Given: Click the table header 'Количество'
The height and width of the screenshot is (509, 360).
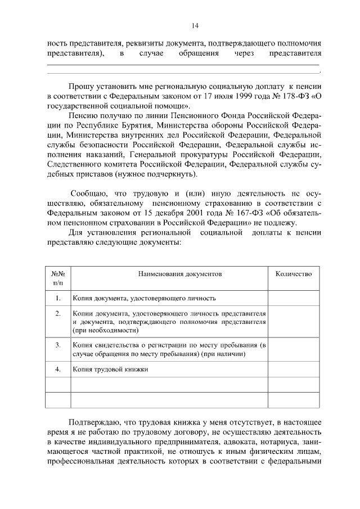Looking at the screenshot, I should click(x=293, y=274).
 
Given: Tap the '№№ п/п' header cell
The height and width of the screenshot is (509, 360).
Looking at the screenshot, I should click(x=58, y=278).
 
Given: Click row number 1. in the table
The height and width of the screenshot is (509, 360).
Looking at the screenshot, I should click(x=58, y=298).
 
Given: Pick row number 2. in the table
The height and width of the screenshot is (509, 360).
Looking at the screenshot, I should click(x=58, y=313).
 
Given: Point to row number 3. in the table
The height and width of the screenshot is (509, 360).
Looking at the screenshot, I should click(x=58, y=344).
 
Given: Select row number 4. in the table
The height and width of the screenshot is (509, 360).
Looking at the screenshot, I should click(x=58, y=370).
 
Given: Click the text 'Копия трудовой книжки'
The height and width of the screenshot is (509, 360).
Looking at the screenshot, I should click(x=110, y=370).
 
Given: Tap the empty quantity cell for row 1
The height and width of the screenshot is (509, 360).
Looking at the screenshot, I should click(x=293, y=298).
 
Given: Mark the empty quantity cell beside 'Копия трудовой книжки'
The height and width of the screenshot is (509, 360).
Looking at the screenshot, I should click(x=293, y=370).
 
